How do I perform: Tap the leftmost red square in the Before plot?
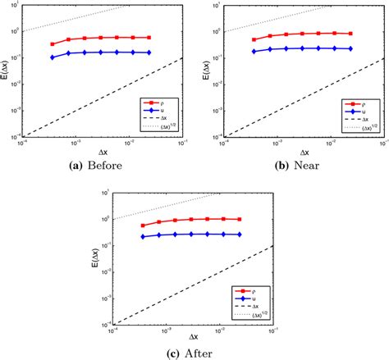pos(53,44)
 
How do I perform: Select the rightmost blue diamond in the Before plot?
pos(149,52)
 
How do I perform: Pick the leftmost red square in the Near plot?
pos(254,39)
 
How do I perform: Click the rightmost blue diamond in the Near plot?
pos(350,48)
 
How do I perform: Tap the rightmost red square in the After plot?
pos(240,219)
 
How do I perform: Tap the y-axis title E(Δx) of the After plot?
pos(96,257)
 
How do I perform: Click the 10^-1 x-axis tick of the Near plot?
pos(380,143)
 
